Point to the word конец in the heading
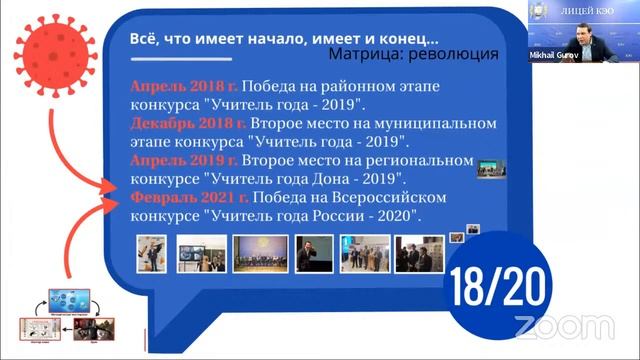(402, 38)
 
